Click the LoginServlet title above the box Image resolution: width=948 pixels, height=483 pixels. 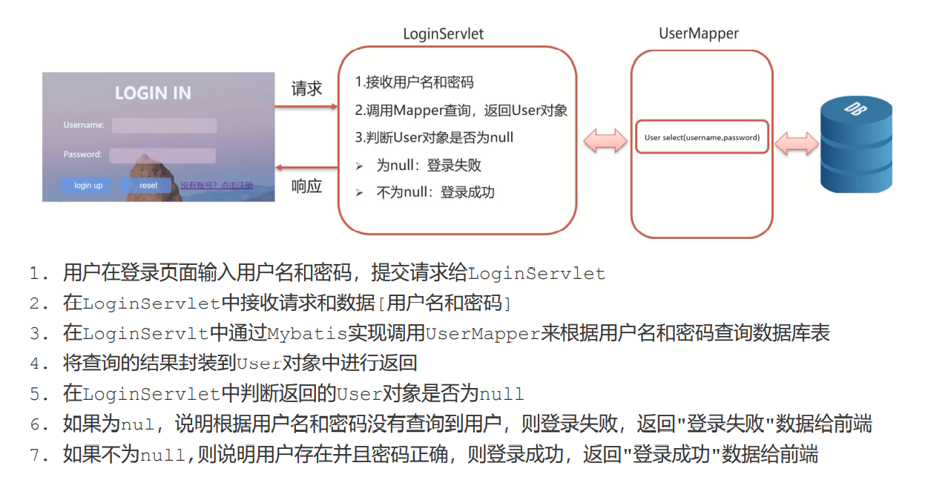point(443,34)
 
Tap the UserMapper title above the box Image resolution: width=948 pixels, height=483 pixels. point(698,33)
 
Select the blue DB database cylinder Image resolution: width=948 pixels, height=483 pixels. point(855,145)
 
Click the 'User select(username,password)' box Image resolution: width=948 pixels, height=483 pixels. point(702,137)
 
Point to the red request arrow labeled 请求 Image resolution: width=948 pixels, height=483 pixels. point(306,107)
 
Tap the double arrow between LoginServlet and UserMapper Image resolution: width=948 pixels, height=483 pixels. point(605,141)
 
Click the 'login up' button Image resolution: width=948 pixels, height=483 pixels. point(88,185)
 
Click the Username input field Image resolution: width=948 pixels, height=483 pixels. point(164,125)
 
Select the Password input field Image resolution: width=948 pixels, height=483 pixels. point(162,156)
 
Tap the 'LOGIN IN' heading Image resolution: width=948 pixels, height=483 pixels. point(153,93)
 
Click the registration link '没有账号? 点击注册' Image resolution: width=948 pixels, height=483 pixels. point(217,185)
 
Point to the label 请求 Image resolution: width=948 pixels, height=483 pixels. point(306,88)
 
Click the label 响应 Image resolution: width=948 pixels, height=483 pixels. point(306,186)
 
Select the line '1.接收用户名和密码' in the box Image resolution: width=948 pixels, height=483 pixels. point(414,82)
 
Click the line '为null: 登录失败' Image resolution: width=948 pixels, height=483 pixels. point(429,165)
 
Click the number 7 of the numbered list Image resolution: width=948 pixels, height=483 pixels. point(35,455)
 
